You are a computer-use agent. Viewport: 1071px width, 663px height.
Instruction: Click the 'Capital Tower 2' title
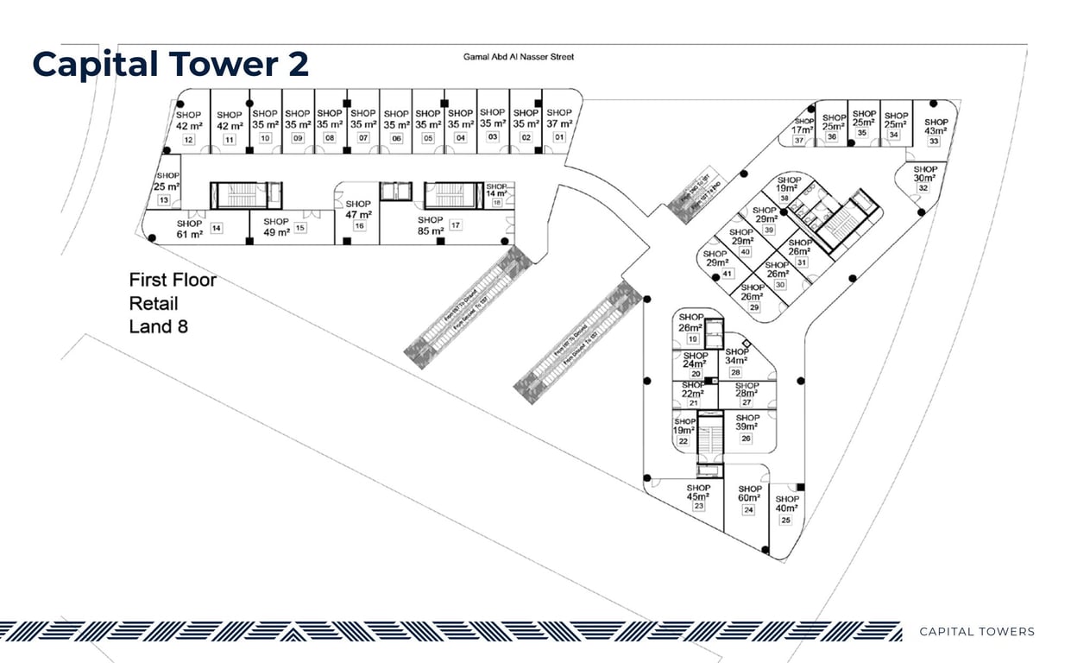point(170,65)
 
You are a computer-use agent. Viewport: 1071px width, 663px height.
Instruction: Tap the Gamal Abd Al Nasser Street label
point(518,57)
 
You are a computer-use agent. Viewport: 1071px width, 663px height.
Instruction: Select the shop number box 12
point(188,140)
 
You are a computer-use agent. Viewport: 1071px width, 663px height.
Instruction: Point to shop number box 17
point(455,225)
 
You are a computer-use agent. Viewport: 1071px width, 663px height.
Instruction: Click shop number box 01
point(559,137)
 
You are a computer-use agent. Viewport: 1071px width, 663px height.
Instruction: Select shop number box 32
point(923,188)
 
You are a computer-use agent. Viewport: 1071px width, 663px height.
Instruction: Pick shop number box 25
point(785,521)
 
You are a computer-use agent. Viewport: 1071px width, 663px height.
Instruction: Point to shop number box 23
point(698,507)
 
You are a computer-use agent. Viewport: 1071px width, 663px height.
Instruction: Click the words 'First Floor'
point(173,280)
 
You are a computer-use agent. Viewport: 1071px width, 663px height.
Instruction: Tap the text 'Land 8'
point(159,326)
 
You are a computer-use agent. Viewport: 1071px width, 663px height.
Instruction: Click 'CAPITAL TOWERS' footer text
point(976,632)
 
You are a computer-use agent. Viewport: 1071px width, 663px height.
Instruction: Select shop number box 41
point(728,274)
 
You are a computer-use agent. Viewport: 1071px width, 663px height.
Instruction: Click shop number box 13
point(164,200)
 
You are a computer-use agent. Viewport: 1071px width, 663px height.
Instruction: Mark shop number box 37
point(799,141)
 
